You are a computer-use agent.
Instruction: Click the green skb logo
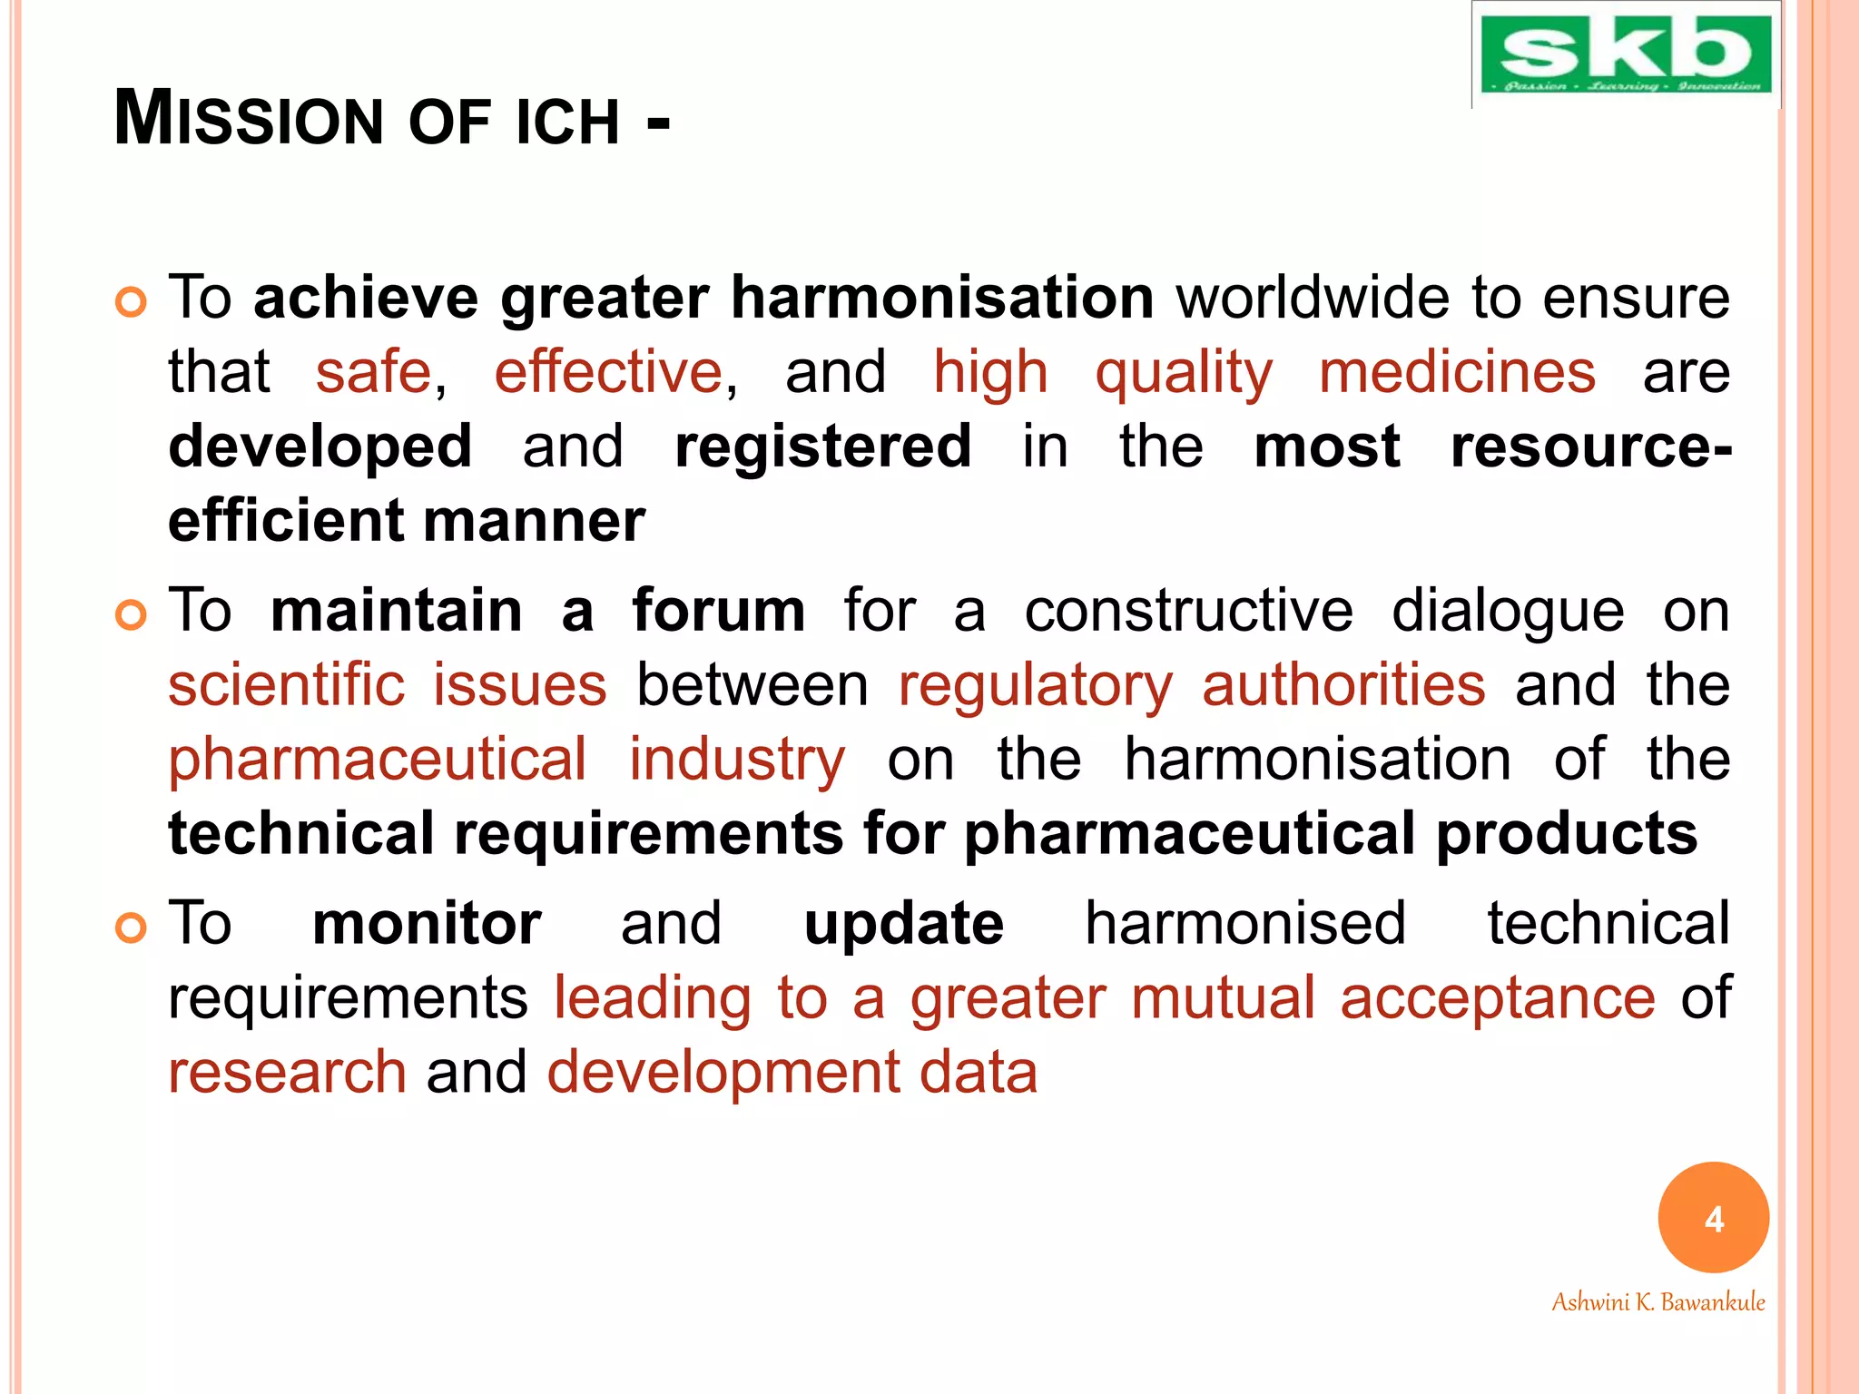(x=1625, y=54)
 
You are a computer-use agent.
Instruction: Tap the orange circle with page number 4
(x=1713, y=1217)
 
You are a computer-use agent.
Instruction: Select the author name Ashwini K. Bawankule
(x=1657, y=1302)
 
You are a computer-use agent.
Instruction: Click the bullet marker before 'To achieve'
(x=132, y=302)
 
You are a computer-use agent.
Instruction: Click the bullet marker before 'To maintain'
(x=132, y=615)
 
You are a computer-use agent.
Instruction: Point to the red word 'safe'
(x=373, y=372)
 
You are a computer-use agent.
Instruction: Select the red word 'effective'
(x=608, y=372)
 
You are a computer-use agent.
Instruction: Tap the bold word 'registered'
(x=822, y=447)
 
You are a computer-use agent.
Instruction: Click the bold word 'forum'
(x=718, y=610)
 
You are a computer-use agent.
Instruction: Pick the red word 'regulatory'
(x=1036, y=686)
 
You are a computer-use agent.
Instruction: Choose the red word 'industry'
(x=737, y=761)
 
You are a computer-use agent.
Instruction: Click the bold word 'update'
(x=904, y=925)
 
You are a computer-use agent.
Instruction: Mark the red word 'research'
(x=287, y=1073)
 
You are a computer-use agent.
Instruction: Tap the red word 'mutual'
(x=1223, y=998)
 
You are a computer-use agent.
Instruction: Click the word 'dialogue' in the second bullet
(x=1508, y=612)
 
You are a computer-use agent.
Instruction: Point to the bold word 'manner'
(x=534, y=521)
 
